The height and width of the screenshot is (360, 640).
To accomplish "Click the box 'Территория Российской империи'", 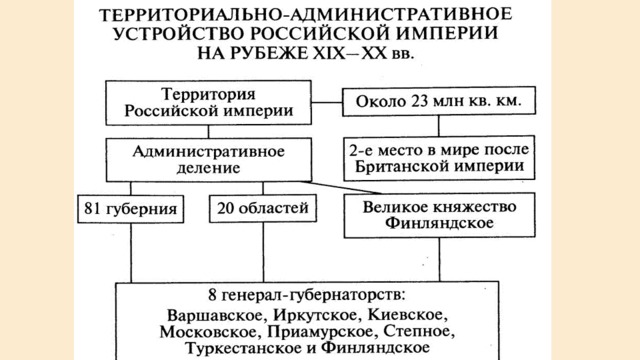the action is (x=209, y=102).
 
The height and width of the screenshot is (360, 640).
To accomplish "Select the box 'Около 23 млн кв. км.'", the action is (x=439, y=101).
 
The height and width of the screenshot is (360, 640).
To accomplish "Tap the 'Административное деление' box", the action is (x=209, y=160).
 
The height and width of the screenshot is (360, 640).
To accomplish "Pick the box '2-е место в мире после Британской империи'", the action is (x=439, y=158).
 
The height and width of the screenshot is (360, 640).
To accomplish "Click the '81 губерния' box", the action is (x=131, y=209).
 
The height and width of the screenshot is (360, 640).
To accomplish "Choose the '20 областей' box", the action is (x=263, y=209).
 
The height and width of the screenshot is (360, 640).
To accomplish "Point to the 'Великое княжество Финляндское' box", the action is (x=440, y=216).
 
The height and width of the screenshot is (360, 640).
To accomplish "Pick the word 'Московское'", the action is (x=210, y=331).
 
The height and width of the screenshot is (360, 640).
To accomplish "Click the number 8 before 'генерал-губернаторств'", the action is (x=212, y=295).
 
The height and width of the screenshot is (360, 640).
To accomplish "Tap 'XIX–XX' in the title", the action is (x=350, y=53).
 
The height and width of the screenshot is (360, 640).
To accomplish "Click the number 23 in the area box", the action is (x=419, y=101).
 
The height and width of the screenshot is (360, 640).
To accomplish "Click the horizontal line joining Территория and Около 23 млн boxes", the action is (x=327, y=102).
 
